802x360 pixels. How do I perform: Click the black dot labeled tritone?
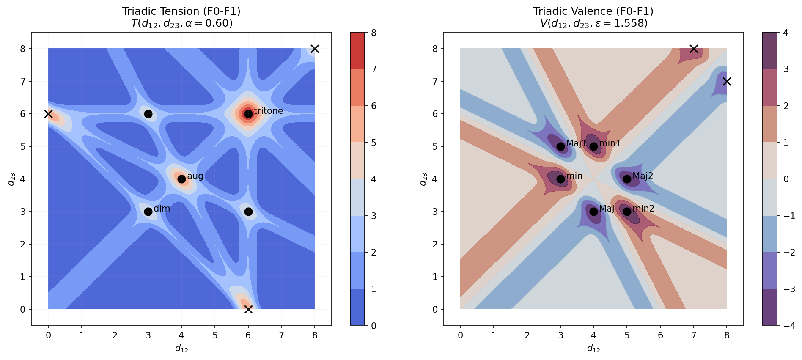(248, 114)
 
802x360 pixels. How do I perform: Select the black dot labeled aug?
(181, 179)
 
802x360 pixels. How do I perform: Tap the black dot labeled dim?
(148, 212)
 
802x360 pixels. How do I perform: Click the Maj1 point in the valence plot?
(560, 146)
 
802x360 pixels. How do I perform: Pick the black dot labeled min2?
(627, 212)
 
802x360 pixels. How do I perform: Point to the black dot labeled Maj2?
(627, 179)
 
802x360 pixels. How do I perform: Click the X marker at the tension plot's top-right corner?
(315, 49)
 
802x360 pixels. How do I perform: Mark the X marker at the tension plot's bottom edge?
(248, 309)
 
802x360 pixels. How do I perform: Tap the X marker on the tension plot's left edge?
(48, 114)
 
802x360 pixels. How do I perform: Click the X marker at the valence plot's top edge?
(694, 49)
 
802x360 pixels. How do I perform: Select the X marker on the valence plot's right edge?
(727, 81)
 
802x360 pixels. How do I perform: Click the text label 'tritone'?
(268, 111)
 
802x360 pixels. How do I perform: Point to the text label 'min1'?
(610, 143)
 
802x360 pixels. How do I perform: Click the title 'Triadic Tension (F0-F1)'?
(181, 11)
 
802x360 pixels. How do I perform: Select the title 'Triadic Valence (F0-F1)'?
(593, 11)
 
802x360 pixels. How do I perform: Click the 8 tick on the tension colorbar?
(374, 33)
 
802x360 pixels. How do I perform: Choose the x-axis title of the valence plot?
(593, 349)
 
